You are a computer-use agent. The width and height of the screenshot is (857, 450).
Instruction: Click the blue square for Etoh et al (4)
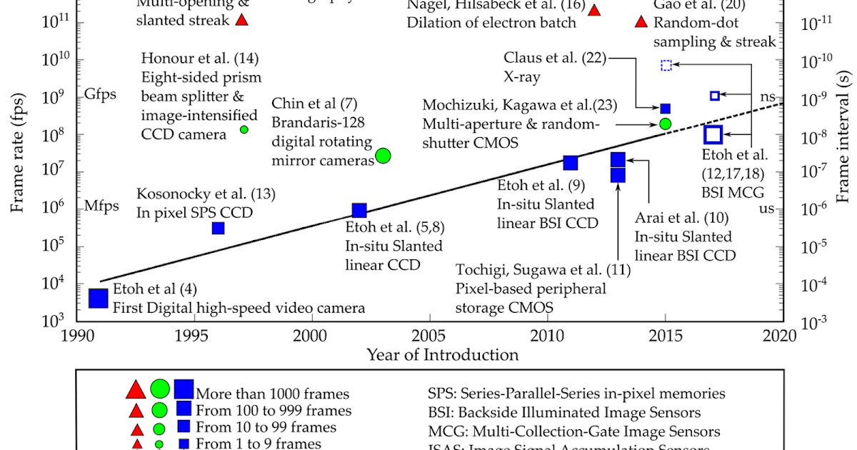click(x=98, y=298)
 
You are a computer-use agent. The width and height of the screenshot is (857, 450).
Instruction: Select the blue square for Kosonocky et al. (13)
click(x=218, y=228)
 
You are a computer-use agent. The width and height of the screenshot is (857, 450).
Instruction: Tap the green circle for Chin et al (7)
click(x=383, y=155)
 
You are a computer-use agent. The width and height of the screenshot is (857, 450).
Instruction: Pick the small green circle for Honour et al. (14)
click(x=244, y=129)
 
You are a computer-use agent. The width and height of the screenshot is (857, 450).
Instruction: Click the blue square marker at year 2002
click(x=359, y=210)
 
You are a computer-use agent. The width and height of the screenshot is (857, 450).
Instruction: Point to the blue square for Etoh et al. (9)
click(x=571, y=163)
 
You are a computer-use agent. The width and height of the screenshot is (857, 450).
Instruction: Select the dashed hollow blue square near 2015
click(x=666, y=66)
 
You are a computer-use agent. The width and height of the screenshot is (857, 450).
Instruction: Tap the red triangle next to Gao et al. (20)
click(x=641, y=21)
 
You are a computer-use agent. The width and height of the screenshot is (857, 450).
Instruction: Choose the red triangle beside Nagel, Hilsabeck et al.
click(x=593, y=10)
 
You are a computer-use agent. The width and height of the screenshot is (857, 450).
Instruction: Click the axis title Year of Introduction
click(x=442, y=355)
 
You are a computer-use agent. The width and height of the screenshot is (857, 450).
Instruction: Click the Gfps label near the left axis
click(x=100, y=94)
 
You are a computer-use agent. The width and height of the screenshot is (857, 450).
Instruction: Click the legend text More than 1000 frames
click(x=273, y=394)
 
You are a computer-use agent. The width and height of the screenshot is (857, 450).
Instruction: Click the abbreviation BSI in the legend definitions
click(x=440, y=413)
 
